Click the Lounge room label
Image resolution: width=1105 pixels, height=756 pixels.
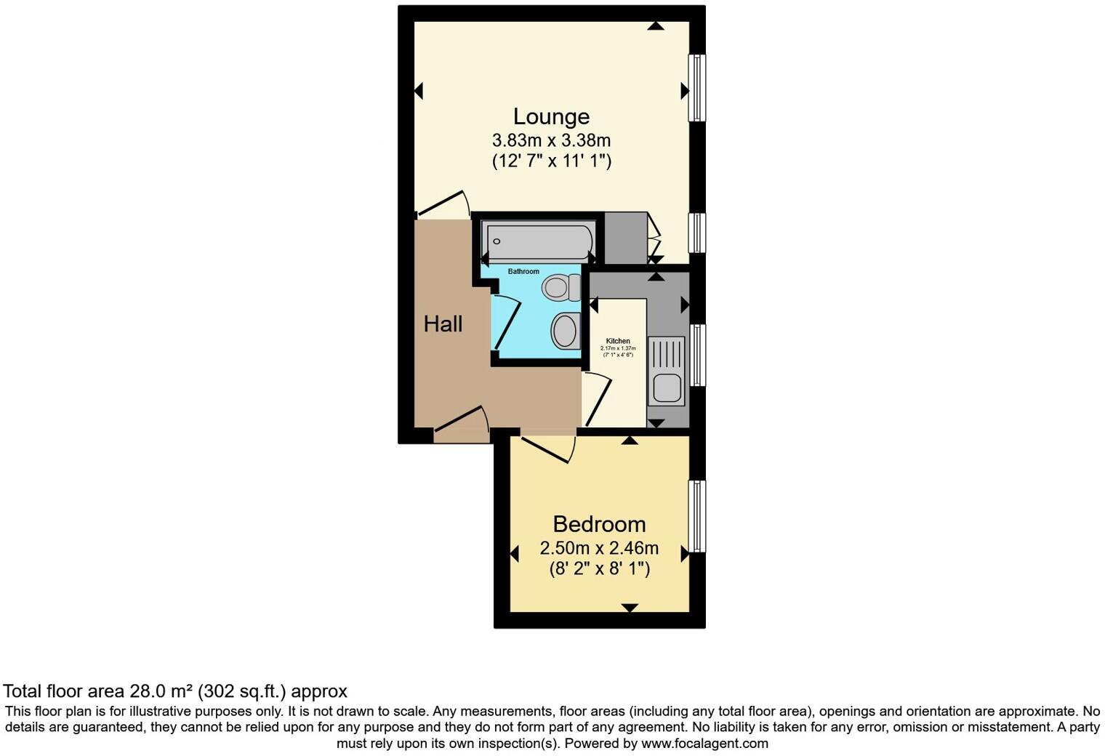[551, 116]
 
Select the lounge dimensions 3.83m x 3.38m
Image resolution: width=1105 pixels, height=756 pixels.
[551, 140]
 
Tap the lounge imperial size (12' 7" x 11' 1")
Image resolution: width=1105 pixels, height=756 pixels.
[551, 161]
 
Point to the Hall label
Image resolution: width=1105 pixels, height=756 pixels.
[443, 323]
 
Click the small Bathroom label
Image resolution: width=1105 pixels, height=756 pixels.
[523, 272]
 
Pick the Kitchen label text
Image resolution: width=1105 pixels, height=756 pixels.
[618, 341]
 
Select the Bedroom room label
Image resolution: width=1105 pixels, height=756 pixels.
[599, 523]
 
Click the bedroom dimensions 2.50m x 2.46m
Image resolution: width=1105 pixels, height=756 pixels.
[599, 547]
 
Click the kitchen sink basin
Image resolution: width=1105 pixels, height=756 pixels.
[667, 387]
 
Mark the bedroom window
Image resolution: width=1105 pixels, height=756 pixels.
[696, 516]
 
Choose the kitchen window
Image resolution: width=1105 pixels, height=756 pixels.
[696, 355]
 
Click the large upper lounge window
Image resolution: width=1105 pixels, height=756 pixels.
[696, 87]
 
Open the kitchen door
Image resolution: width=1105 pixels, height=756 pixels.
[598, 398]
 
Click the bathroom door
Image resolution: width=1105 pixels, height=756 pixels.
[507, 322]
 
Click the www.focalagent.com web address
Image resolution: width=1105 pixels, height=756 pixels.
[704, 744]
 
